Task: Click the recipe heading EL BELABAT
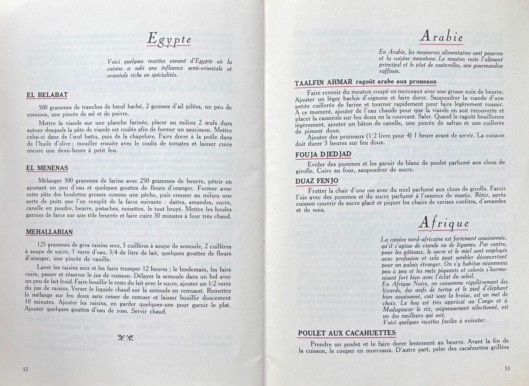coord(47,95)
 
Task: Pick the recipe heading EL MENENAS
coord(47,168)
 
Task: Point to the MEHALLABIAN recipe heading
coord(49,232)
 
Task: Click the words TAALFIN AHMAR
coord(324,82)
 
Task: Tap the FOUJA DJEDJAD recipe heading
coord(323,154)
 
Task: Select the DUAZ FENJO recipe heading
coord(317,181)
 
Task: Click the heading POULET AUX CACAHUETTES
coord(347,333)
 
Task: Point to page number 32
coord(25,369)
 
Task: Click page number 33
coord(507,368)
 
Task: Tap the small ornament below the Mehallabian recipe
coord(126,337)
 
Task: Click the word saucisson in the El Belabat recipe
coord(198,131)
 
